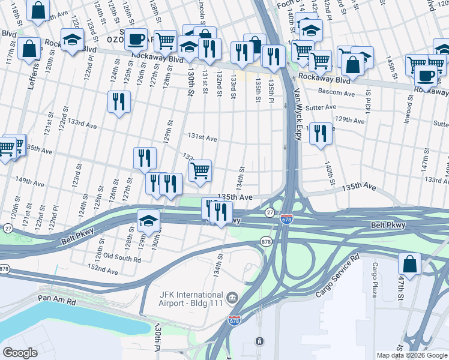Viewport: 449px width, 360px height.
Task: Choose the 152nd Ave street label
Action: click(103, 271)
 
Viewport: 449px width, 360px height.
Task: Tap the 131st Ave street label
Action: click(203, 138)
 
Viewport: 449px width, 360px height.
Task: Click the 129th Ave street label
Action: click(351, 121)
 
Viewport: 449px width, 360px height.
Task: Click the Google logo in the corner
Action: click(20, 352)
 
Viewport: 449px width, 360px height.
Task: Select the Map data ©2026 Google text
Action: click(411, 355)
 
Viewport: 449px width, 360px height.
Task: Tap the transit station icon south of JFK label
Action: click(259, 341)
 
